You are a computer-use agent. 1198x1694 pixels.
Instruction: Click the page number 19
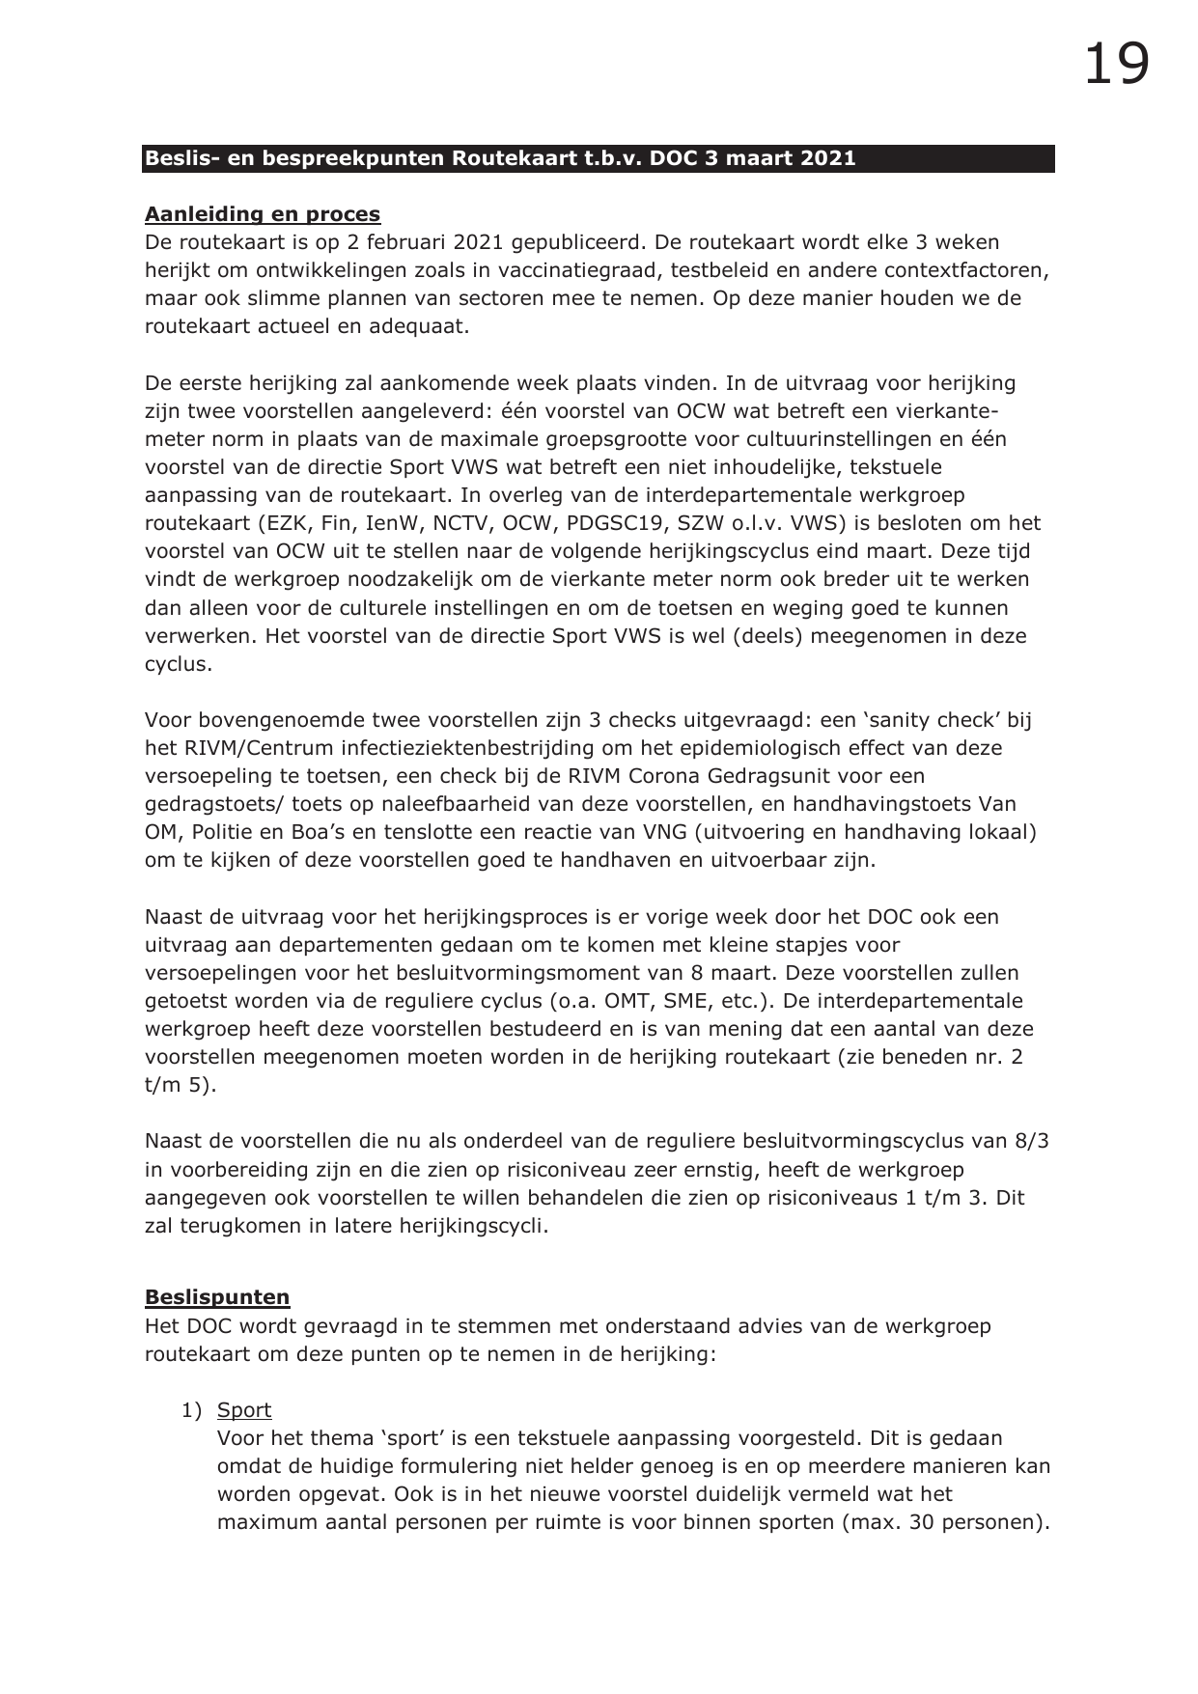tap(1116, 65)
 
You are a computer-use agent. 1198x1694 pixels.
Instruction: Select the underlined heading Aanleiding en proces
tap(263, 214)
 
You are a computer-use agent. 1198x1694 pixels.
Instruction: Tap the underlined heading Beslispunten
tap(217, 1297)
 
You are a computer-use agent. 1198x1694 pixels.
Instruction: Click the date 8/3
tap(1031, 1141)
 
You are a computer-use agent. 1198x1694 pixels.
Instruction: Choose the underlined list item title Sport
tap(244, 1410)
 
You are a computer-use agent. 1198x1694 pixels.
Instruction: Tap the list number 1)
tap(191, 1410)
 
